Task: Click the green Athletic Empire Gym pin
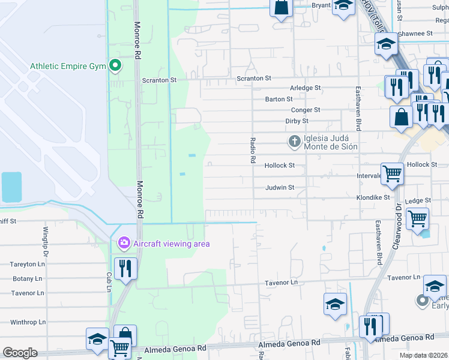click(114, 66)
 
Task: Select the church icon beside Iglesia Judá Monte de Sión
click(294, 142)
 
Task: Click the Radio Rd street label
click(253, 151)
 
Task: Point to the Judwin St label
click(280, 187)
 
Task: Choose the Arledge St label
click(306, 88)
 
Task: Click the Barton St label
click(279, 99)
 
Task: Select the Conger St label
click(306, 110)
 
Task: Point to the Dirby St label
click(297, 121)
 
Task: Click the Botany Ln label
click(27, 279)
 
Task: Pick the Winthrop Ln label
click(28, 322)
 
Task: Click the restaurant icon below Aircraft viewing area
click(125, 268)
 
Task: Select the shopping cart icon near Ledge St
click(417, 218)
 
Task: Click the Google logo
click(20, 353)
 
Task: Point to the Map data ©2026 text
click(423, 355)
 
